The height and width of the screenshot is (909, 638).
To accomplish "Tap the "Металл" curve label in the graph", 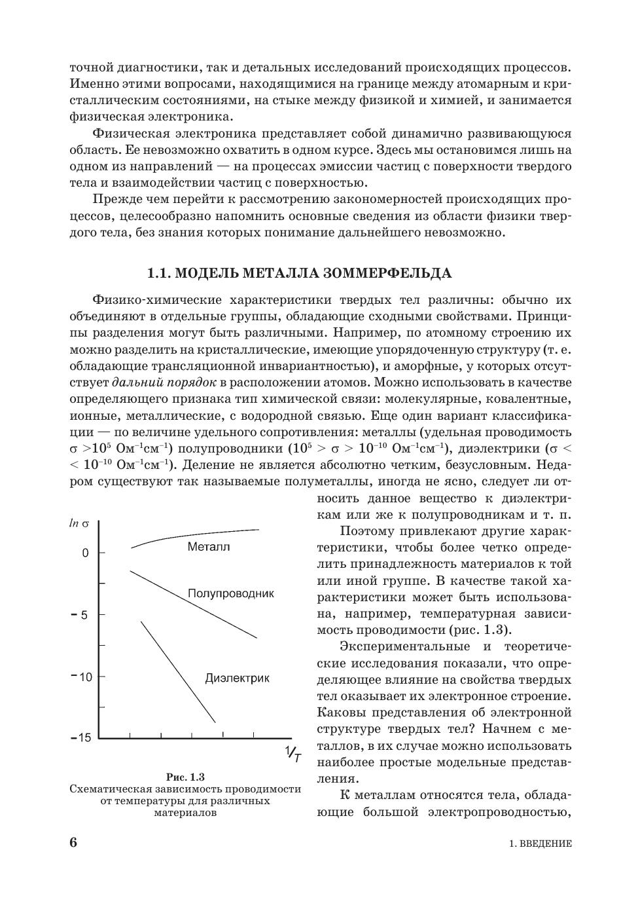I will [209, 547].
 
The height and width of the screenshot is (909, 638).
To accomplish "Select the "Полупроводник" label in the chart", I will [230, 593].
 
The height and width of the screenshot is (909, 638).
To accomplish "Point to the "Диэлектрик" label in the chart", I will [237, 678].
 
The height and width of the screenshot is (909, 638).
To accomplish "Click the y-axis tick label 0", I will [85, 553].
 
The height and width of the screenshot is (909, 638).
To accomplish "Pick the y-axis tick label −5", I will [79, 616].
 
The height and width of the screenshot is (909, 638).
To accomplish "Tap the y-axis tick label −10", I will [82, 677].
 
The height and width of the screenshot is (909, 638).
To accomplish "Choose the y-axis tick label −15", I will [82, 738].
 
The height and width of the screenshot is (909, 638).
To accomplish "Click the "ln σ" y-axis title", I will [79, 524].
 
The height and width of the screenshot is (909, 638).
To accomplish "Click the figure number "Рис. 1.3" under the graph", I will [185, 777].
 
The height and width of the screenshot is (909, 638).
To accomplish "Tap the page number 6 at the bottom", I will [73, 842].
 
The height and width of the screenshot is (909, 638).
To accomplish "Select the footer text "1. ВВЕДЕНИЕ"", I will [540, 844].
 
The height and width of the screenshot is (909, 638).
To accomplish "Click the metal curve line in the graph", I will [196, 534].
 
